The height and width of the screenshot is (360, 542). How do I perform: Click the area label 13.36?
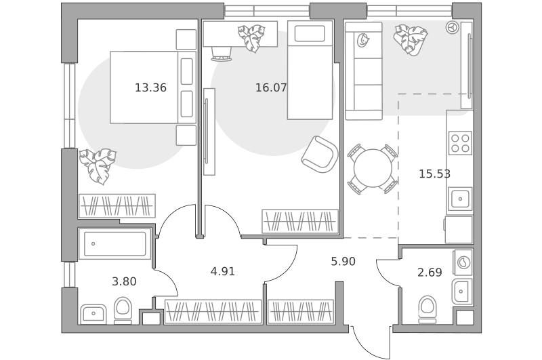coord(150,87)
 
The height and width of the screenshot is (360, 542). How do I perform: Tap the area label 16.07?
coord(271,87)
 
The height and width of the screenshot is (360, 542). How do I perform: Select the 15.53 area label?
coord(434,174)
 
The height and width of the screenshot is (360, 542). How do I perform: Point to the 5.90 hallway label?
coord(343,262)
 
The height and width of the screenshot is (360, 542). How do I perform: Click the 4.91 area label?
coord(223,271)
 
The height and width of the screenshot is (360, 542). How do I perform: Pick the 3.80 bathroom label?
coord(124,281)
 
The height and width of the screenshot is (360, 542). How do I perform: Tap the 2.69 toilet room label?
coord(430,273)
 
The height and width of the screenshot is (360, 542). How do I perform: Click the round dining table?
coord(373,168)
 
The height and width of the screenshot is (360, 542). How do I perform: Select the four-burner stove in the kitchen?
coord(460,143)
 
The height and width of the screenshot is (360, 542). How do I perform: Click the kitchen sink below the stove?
coord(460,199)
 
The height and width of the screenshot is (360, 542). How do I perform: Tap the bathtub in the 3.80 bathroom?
coord(114,244)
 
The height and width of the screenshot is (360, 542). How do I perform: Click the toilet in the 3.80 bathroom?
coord(123,311)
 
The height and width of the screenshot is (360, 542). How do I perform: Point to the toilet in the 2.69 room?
coord(428,309)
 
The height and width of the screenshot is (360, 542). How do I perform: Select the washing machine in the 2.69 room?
coord(463,262)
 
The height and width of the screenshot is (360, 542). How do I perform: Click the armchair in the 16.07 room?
coord(320,154)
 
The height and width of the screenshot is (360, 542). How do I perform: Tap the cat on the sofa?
coord(362,40)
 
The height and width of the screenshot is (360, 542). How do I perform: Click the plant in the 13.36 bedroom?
coord(97,165)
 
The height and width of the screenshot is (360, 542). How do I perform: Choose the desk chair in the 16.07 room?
coord(222,54)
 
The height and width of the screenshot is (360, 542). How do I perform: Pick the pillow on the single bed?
coord(310,33)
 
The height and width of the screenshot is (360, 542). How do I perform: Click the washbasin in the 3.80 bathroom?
coord(93,314)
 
